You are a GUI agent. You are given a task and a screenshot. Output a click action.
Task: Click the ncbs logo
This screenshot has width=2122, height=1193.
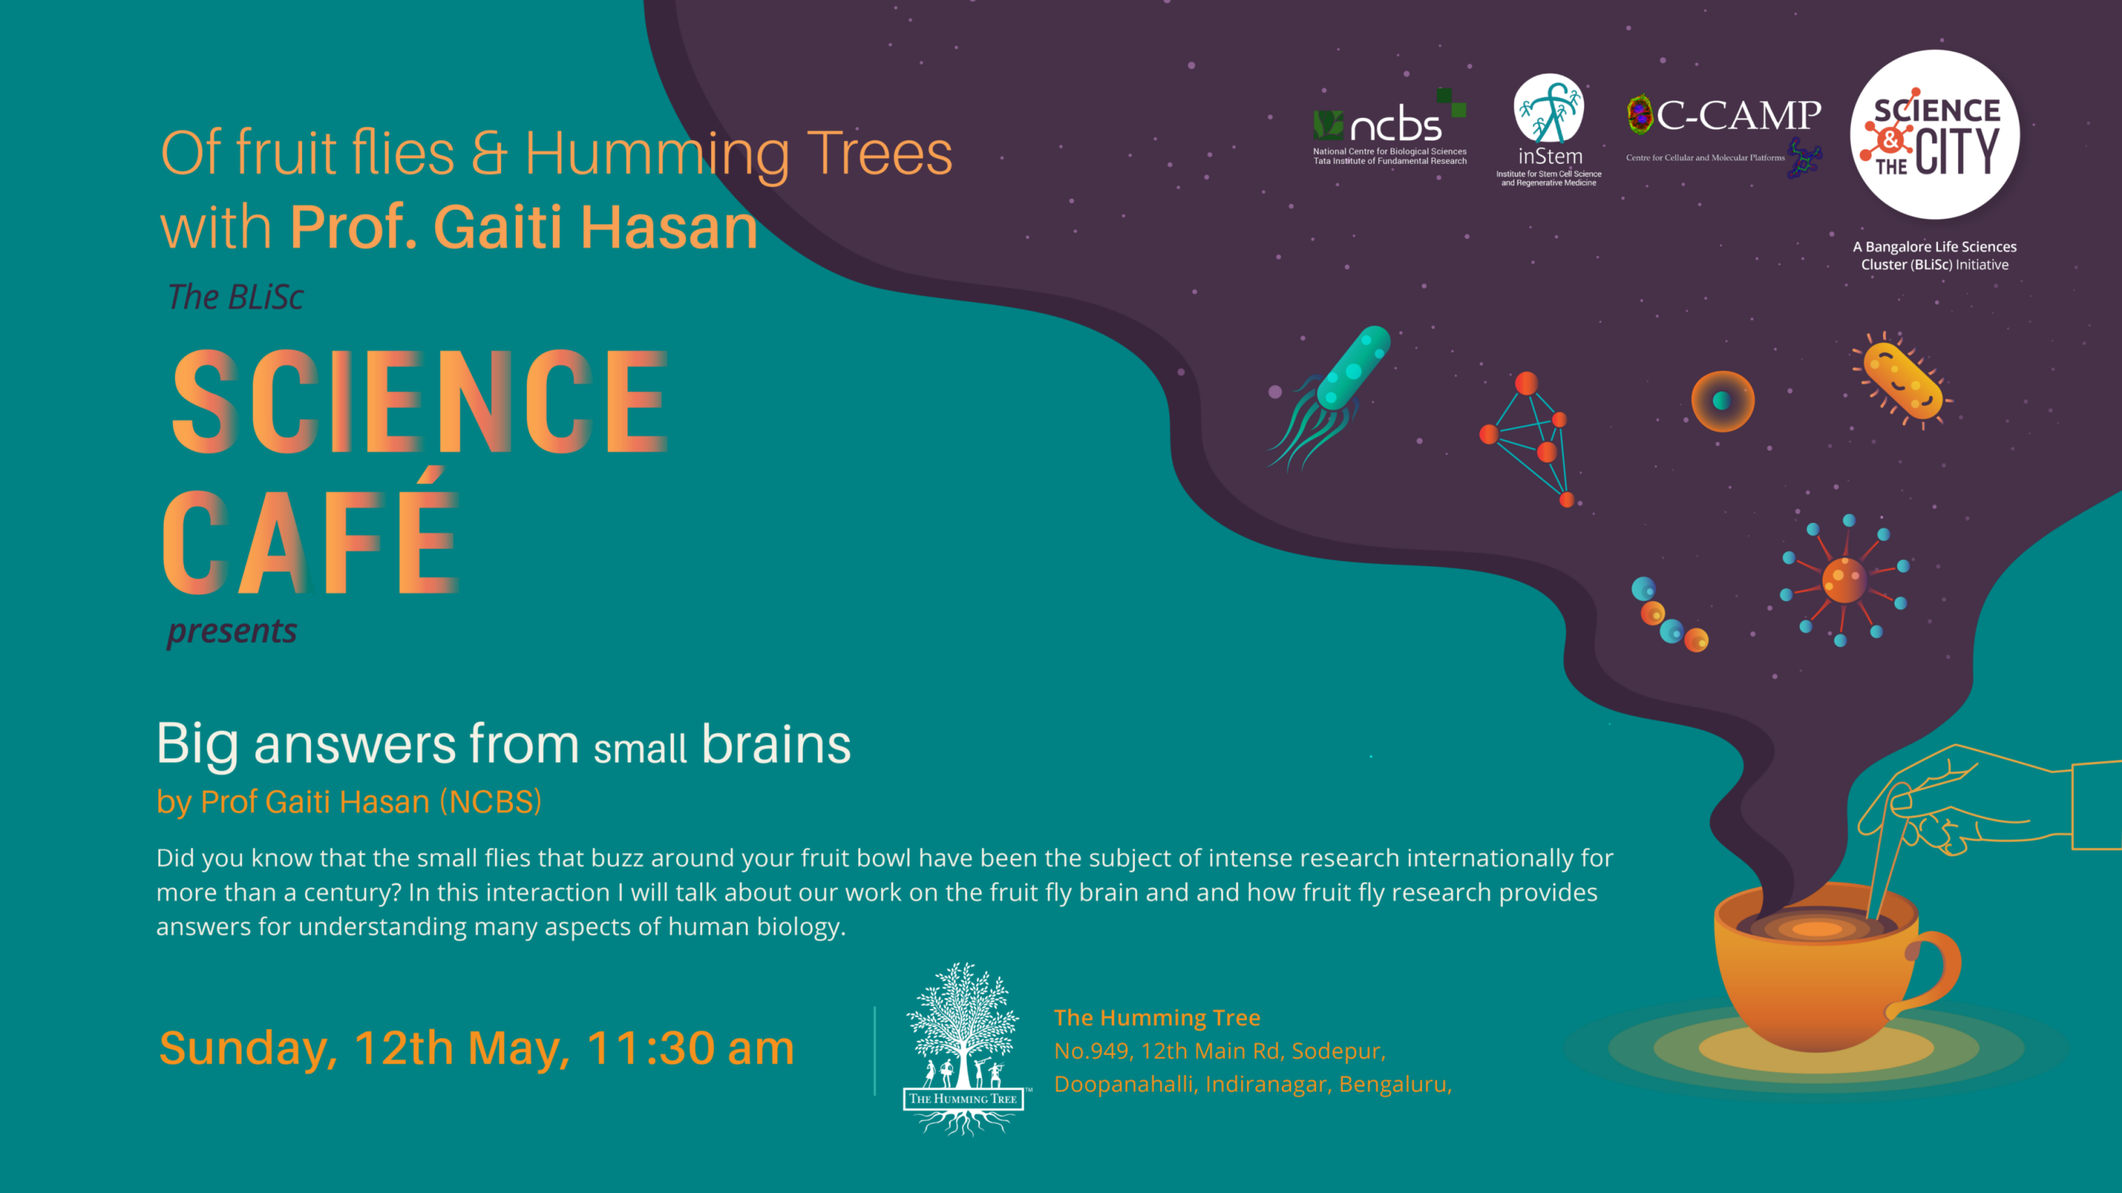coord(1389,127)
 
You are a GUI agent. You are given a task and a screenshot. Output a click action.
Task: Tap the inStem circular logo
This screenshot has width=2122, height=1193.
coord(1549,108)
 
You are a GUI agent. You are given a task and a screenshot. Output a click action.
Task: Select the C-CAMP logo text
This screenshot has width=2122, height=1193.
coord(1738,115)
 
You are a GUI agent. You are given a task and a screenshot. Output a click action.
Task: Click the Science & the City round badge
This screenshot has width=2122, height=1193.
coord(1934,134)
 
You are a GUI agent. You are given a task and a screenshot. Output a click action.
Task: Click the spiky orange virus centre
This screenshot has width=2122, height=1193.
coord(1844,580)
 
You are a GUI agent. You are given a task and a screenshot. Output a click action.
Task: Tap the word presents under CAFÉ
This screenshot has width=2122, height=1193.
coord(232,631)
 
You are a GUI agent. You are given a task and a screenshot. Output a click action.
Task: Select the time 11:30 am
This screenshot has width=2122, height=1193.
coord(690,1048)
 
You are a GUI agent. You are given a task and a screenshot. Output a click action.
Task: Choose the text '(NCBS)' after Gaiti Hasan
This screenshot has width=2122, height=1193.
coord(491,802)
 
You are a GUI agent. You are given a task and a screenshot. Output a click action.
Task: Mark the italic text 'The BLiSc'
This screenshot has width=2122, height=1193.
coord(235,297)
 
